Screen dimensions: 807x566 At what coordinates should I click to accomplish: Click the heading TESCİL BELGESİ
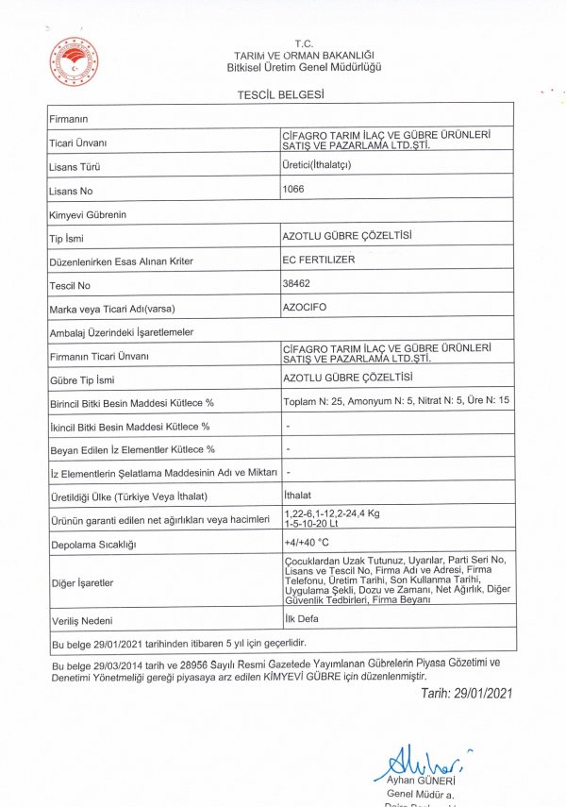click(283, 94)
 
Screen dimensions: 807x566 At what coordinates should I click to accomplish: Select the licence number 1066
click(294, 189)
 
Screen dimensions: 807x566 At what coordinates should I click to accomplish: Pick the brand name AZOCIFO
click(304, 308)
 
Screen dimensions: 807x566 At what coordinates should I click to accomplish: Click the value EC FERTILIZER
click(319, 259)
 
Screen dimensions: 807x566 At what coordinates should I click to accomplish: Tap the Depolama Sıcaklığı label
click(93, 545)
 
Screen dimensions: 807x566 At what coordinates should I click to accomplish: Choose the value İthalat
click(298, 495)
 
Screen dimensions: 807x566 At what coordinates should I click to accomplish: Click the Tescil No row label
click(70, 285)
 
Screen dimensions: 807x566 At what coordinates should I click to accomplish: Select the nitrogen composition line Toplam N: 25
click(397, 402)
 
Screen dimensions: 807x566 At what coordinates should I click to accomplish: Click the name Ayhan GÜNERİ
click(422, 782)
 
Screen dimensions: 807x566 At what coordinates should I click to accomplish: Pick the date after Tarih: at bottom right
click(484, 694)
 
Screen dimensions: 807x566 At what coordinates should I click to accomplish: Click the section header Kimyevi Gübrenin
click(87, 215)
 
